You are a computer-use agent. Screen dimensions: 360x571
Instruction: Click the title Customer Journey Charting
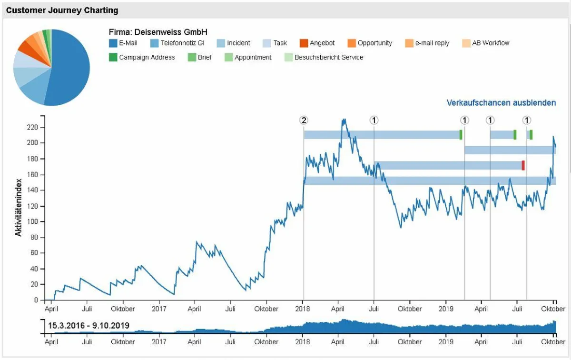click(x=62, y=10)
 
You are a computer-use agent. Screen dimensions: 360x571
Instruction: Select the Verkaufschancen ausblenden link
click(x=501, y=103)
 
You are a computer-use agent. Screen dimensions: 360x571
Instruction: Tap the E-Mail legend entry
click(x=123, y=43)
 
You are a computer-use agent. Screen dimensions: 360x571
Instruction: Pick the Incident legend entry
click(x=233, y=43)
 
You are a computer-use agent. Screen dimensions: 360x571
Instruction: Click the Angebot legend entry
click(x=317, y=43)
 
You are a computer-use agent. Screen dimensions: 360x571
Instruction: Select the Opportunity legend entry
click(x=370, y=43)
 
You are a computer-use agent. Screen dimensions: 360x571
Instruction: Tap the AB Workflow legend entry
click(x=485, y=43)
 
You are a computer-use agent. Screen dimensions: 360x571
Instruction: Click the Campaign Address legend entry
click(x=142, y=57)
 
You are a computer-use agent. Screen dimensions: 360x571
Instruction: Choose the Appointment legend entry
click(x=247, y=57)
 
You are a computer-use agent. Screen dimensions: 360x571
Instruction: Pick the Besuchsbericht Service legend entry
click(x=324, y=57)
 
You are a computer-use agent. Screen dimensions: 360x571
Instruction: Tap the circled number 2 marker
click(x=304, y=120)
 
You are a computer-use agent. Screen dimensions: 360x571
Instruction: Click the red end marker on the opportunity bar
click(x=523, y=165)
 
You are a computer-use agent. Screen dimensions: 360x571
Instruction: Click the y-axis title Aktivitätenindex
click(x=19, y=208)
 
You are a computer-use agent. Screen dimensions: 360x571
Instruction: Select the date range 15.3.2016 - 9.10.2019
click(x=89, y=326)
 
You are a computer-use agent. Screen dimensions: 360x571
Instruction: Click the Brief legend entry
click(x=200, y=57)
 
